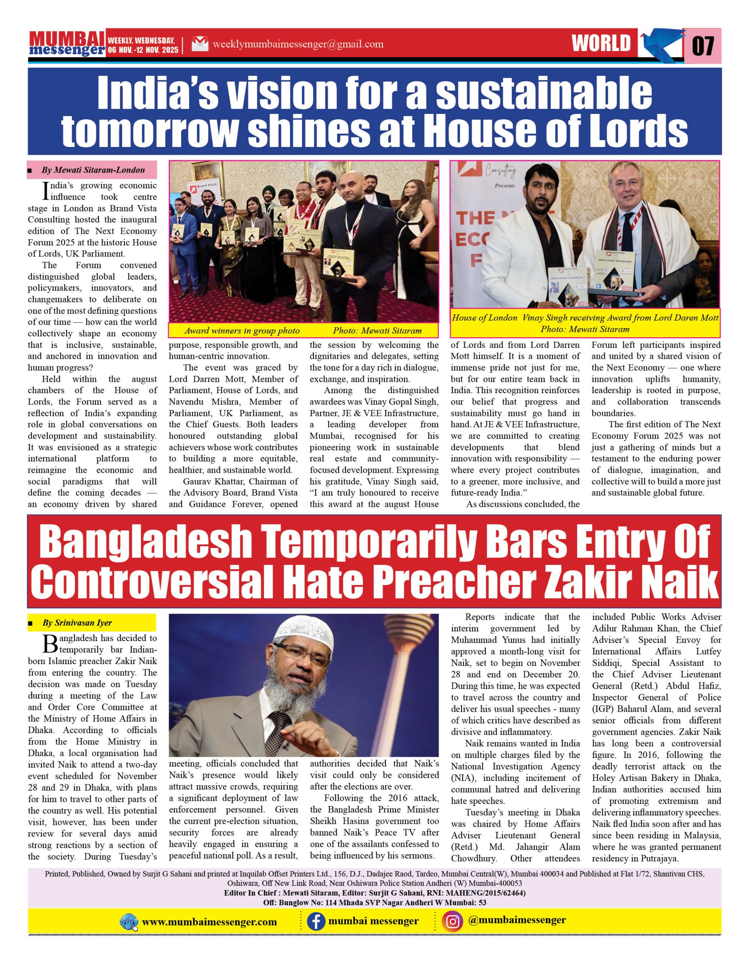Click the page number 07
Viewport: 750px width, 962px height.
pyautogui.click(x=703, y=45)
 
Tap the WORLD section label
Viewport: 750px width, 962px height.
pyautogui.click(x=601, y=44)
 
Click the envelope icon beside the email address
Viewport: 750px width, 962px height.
pyautogui.click(x=200, y=44)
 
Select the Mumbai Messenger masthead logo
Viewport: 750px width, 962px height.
pyautogui.click(x=67, y=44)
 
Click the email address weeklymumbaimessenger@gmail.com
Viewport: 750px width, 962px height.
pyautogui.click(x=298, y=44)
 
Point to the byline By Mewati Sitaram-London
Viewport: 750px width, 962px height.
pyautogui.click(x=93, y=170)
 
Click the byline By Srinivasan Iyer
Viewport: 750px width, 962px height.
pyautogui.click(x=77, y=623)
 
